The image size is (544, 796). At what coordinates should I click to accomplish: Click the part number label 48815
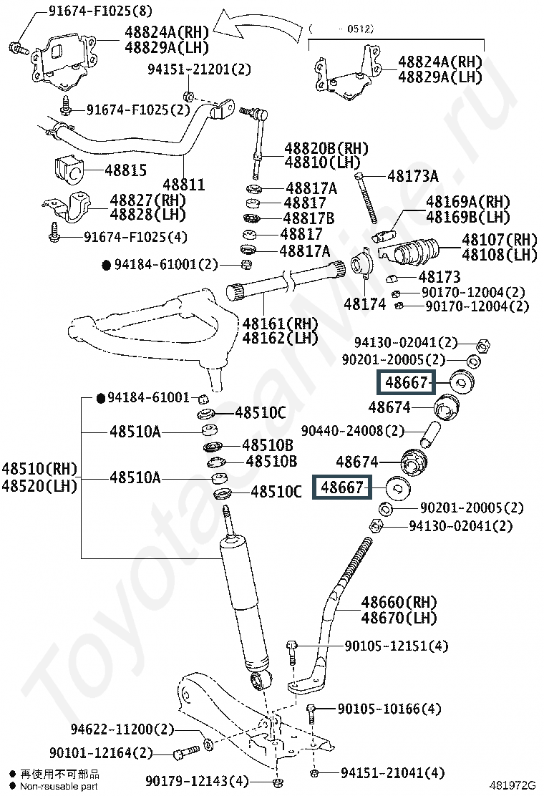(x=125, y=170)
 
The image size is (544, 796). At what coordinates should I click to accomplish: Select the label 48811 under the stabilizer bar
(x=184, y=184)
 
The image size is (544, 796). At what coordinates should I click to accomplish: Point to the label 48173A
(x=412, y=176)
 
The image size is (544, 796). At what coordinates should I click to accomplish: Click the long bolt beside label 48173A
(x=366, y=198)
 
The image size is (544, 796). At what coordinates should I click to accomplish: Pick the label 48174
(x=364, y=304)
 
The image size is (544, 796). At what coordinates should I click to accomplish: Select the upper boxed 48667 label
(x=405, y=382)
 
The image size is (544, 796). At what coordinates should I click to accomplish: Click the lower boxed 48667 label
(x=342, y=488)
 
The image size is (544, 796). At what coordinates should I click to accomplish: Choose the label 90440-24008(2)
(x=353, y=431)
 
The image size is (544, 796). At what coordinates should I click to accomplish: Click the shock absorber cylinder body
(x=245, y=605)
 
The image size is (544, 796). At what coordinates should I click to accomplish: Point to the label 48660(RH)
(x=399, y=603)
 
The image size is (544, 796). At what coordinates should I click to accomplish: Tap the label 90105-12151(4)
(x=397, y=646)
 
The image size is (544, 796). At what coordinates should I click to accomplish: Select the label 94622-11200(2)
(x=122, y=729)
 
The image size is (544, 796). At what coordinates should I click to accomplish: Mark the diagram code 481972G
(x=512, y=785)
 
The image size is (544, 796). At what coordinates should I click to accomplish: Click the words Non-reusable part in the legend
(x=59, y=787)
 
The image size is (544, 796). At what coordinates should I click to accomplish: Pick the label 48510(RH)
(x=39, y=468)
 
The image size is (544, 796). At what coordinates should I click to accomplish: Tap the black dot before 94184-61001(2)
(x=107, y=265)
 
